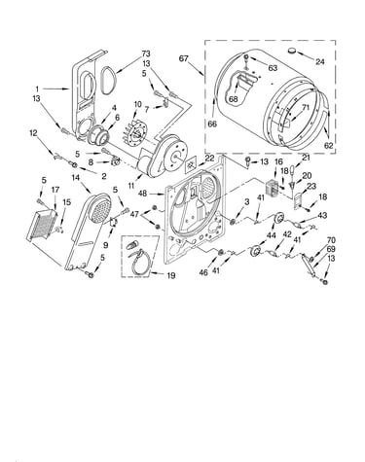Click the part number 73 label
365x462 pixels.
(x=146, y=53)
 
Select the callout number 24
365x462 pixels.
(x=320, y=61)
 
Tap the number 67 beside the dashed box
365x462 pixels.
(x=183, y=58)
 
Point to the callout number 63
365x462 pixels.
(x=273, y=68)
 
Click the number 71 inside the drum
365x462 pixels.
(x=306, y=108)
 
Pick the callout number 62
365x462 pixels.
(x=328, y=146)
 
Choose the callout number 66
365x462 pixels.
(x=212, y=124)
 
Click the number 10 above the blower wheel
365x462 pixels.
(x=137, y=104)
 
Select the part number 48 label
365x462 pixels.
(x=142, y=194)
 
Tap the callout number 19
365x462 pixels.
(x=171, y=275)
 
